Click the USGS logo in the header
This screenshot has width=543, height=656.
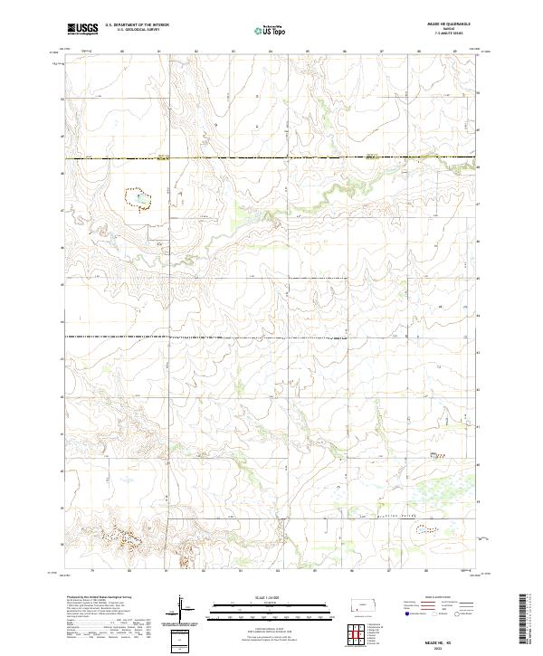coord(82,29)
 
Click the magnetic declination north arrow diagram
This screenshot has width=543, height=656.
coord(181,607)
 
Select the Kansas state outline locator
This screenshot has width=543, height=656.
coord(359,608)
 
